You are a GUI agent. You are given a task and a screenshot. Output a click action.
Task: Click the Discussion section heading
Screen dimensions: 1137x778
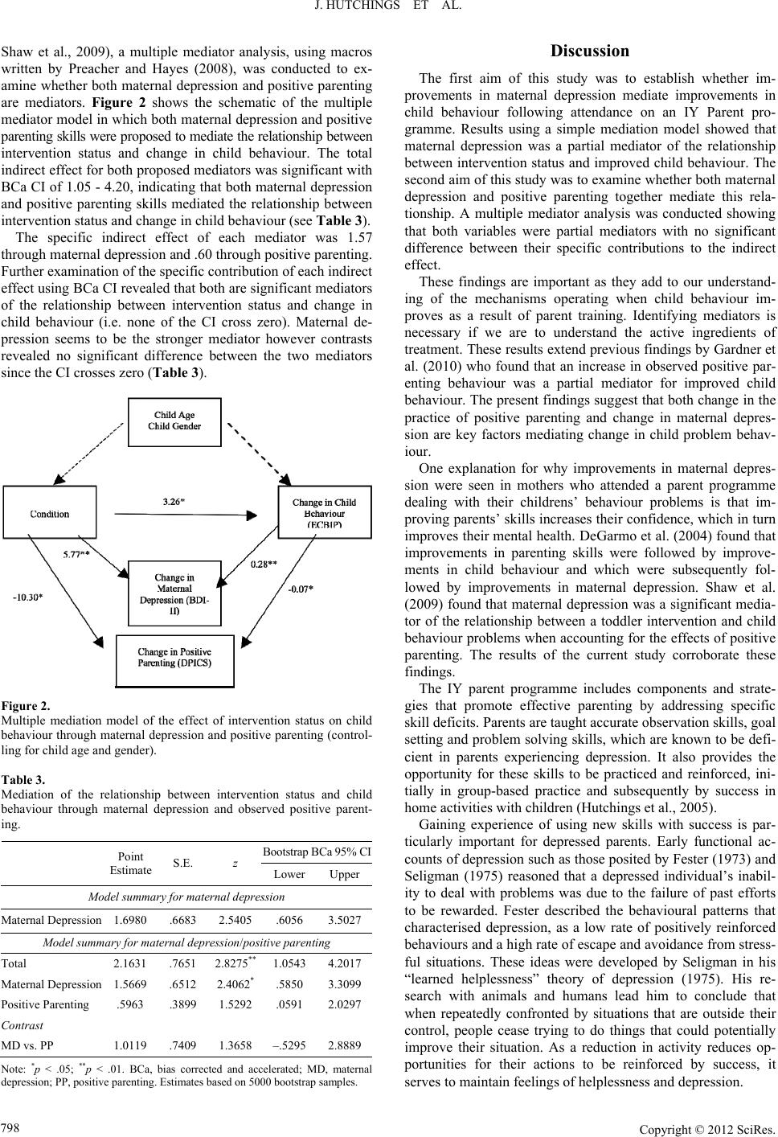(x=589, y=51)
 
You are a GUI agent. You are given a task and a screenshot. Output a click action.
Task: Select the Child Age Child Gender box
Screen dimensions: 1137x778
(x=174, y=421)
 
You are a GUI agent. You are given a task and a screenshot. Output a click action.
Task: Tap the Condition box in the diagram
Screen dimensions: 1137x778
(x=50, y=514)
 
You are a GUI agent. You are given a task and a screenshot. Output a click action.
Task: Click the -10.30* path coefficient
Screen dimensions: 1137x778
(x=28, y=597)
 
